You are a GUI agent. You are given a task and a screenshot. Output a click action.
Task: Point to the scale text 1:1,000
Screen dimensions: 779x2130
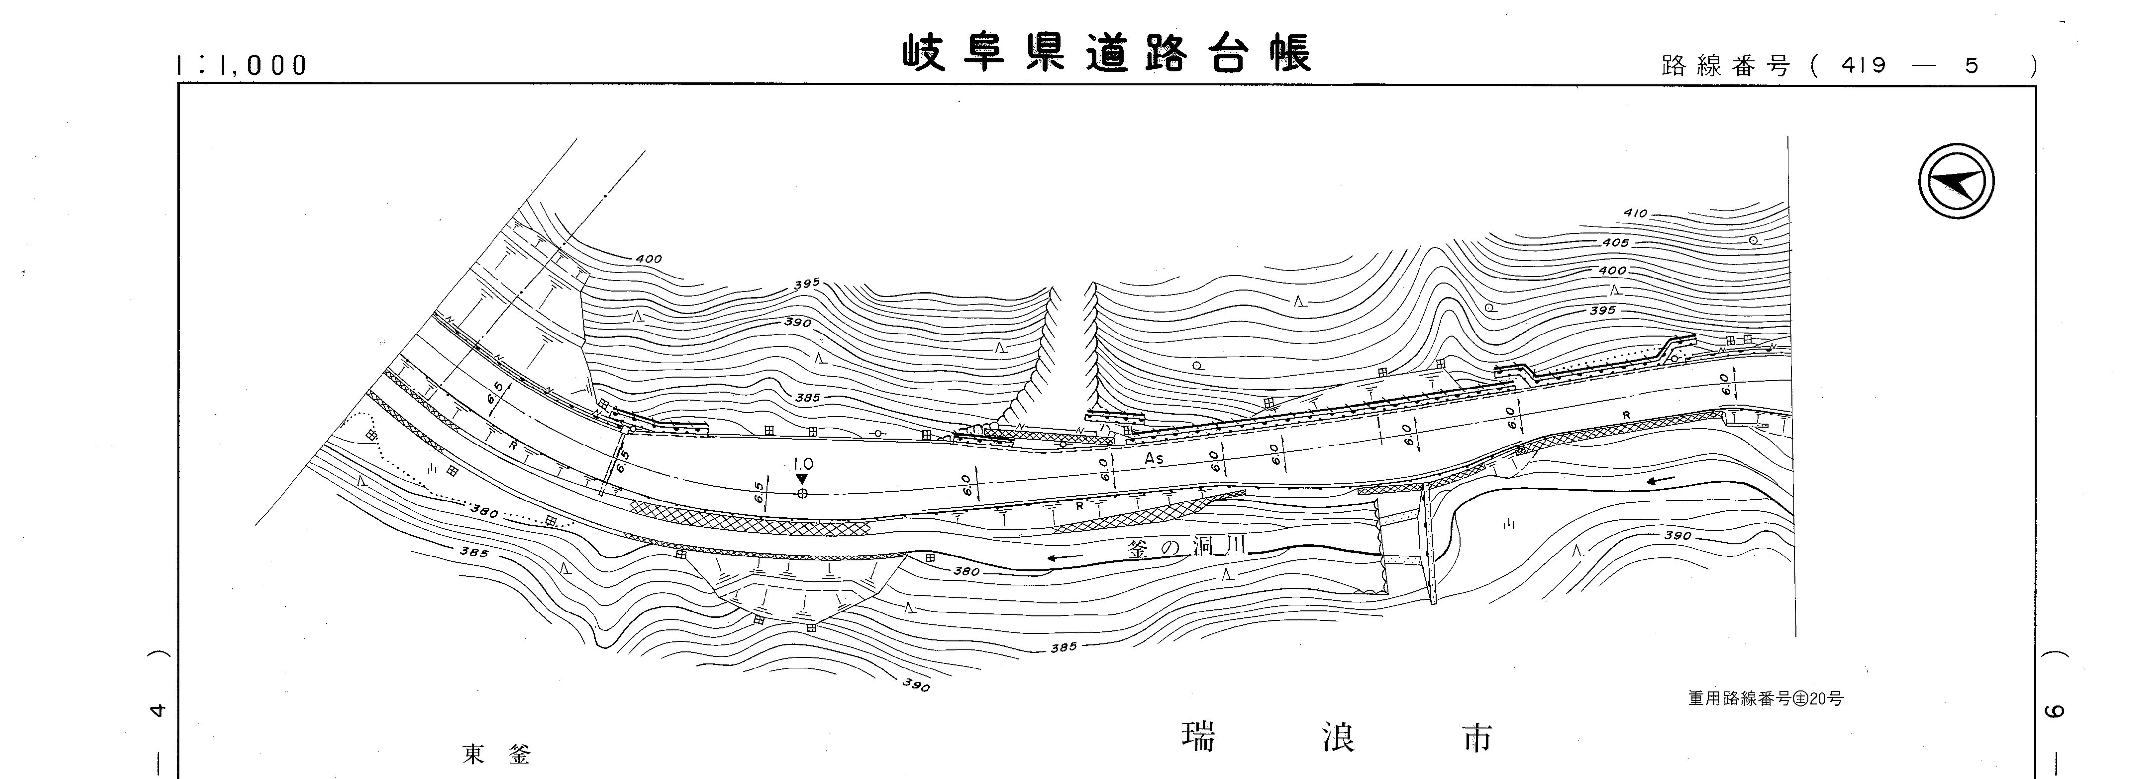[242, 65]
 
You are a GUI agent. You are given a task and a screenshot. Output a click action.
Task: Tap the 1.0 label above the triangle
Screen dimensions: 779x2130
[803, 465]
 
